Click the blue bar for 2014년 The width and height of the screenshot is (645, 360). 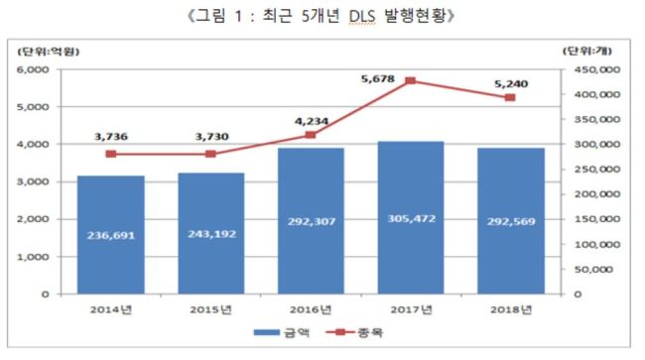(111, 235)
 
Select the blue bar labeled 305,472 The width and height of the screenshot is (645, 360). (411, 218)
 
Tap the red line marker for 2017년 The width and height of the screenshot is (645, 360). (410, 81)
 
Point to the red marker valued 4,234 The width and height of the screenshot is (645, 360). (311, 135)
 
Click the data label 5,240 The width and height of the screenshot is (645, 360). (511, 84)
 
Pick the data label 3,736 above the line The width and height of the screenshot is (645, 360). (111, 137)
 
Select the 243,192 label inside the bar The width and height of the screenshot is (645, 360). (211, 234)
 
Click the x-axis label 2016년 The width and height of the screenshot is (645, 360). (311, 309)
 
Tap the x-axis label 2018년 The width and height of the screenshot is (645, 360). (511, 309)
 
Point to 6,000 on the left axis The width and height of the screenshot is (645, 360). (33, 69)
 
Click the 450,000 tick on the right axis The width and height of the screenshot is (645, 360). (597, 69)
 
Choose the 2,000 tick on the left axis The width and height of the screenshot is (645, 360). (33, 219)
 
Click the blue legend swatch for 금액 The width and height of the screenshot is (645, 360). (267, 332)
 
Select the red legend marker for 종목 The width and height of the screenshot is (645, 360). (340, 331)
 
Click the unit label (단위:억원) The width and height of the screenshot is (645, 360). (49, 52)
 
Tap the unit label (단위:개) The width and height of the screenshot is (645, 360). (587, 51)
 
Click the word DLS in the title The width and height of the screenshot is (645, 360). (362, 17)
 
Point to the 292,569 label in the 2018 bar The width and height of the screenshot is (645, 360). (511, 221)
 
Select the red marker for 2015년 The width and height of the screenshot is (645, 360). (210, 154)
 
